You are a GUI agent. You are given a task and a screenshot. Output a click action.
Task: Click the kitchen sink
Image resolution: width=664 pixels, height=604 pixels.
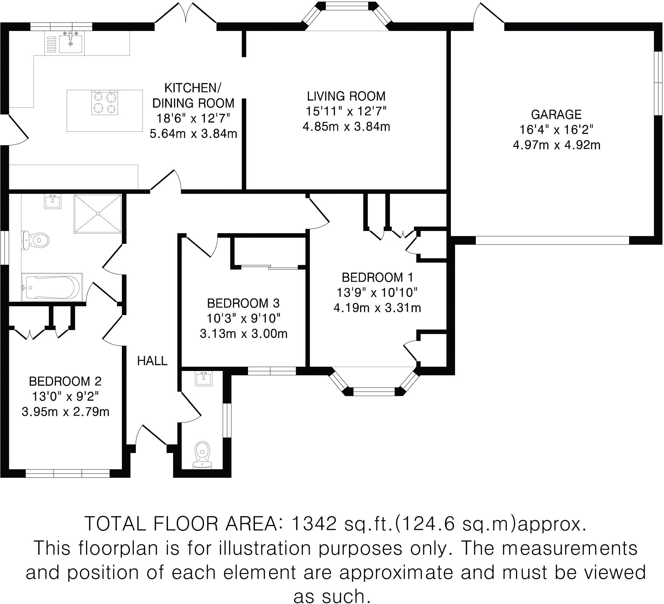coord(71,44)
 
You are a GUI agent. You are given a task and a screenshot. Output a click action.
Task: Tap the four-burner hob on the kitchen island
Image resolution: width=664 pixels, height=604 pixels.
coord(105,103)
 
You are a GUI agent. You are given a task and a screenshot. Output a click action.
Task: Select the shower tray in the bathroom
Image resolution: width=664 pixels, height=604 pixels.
coord(98,213)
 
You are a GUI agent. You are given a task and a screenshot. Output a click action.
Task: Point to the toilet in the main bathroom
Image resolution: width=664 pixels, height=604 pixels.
coord(36,240)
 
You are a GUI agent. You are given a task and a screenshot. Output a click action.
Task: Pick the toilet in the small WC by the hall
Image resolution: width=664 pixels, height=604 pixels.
coord(203,456)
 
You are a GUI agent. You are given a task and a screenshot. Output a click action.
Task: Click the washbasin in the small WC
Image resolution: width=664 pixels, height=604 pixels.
coord(204,378)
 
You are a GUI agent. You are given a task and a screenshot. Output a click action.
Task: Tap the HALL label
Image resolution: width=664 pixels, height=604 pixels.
coord(152,361)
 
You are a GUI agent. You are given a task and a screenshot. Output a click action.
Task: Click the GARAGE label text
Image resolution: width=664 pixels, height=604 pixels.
coord(556,114)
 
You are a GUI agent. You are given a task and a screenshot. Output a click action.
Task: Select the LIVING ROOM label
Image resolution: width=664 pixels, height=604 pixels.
coord(346,96)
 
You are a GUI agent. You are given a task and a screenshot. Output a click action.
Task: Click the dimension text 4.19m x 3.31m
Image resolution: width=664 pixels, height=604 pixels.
coord(377,308)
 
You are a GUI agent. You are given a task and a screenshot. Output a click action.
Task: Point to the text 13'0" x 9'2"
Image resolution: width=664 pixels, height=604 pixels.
coord(65,396)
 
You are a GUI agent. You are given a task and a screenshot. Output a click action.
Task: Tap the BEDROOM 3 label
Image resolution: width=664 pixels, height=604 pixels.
coord(243,303)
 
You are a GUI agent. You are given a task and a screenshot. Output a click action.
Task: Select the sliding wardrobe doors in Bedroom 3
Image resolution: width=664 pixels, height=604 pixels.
coord(269,267)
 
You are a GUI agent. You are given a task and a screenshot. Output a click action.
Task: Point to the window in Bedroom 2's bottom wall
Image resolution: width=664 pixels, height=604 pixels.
coord(68,474)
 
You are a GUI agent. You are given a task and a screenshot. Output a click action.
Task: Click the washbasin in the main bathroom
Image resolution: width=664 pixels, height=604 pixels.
coord(52,201)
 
